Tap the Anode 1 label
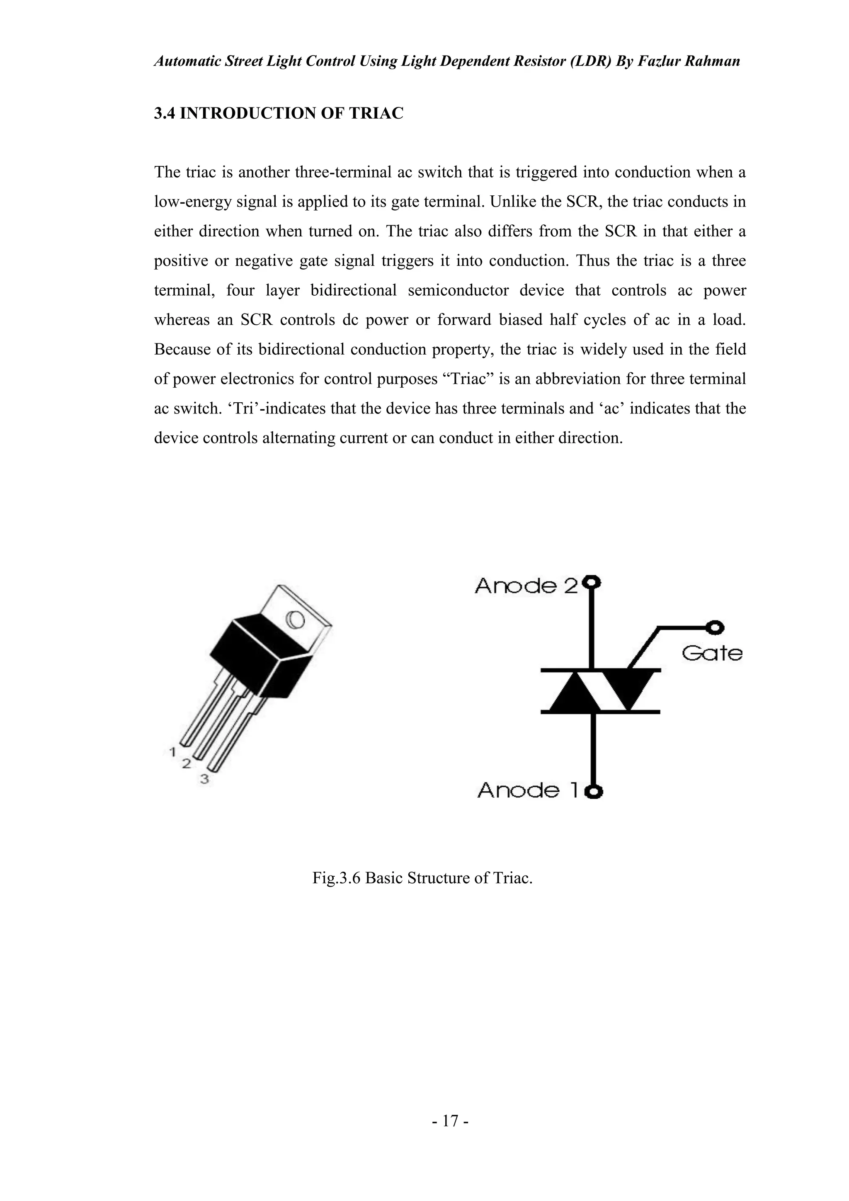pos(527,790)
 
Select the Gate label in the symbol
pos(712,653)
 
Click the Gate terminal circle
pos(715,627)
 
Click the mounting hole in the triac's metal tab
pos(295,620)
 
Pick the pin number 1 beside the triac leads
pos(172,752)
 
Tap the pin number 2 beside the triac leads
pos(186,764)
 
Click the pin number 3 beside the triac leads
pos(204,779)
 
